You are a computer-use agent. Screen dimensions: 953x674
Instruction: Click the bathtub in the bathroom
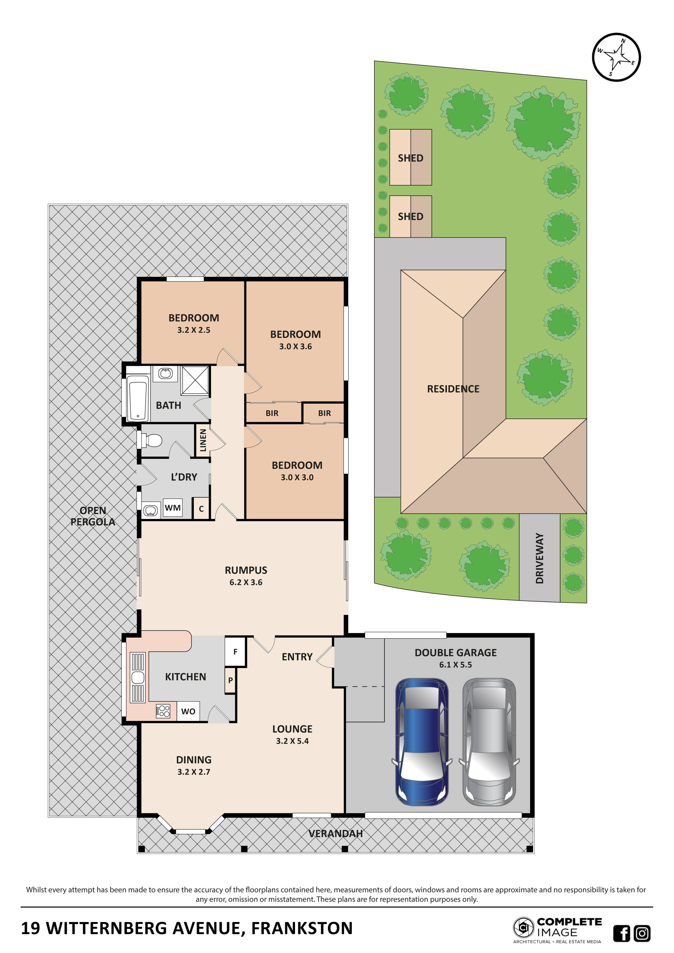coord(138,398)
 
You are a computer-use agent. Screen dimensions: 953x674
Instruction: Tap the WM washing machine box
coord(173,508)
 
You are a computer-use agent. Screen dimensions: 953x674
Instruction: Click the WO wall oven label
coord(188,711)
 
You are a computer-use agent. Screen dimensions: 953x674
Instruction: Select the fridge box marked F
coord(235,652)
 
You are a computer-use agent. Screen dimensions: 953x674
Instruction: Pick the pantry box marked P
coord(230,680)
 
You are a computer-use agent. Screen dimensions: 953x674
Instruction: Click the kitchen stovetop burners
coord(163,711)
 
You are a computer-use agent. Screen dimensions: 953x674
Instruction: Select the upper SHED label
coord(410,158)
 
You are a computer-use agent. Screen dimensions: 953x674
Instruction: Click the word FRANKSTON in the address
coord(302,928)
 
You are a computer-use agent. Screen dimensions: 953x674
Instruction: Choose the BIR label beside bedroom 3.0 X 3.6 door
coord(272,413)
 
